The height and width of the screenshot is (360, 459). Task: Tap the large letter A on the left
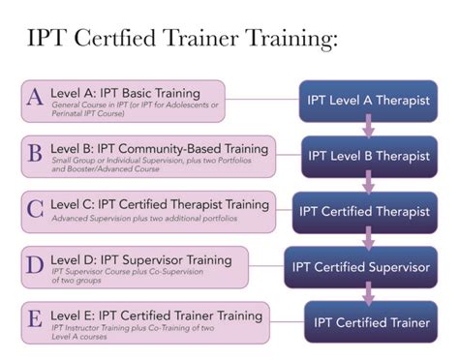[x=34, y=98]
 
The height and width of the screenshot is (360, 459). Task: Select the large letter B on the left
[x=35, y=152]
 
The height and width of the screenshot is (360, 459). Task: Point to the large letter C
[x=34, y=207]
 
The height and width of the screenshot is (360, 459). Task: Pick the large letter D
[x=34, y=263]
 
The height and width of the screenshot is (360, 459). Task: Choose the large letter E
[x=34, y=318]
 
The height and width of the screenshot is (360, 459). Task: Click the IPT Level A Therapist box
[x=368, y=101]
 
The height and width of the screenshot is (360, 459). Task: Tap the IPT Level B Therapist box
[x=368, y=155]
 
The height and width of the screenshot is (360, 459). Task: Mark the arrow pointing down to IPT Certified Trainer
[x=368, y=294]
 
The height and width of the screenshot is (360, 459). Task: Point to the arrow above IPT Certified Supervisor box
[x=368, y=239]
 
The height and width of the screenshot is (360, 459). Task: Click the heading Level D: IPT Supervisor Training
[x=140, y=259]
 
